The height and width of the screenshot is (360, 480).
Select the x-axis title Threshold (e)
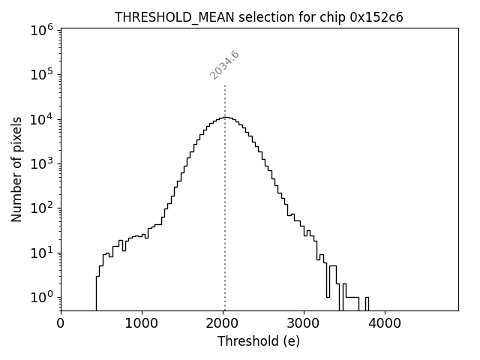click(259, 341)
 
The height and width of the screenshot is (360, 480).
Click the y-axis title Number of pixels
click(17, 169)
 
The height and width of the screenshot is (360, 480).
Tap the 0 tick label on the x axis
click(61, 323)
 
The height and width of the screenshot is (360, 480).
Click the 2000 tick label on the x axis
click(223, 323)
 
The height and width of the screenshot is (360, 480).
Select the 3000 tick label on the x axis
click(304, 323)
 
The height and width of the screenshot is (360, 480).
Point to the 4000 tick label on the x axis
click(385, 323)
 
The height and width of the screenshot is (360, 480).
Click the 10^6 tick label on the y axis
click(41, 29)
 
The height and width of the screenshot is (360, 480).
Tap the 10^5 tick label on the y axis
click(41, 74)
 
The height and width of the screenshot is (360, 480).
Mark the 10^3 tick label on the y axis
click(41, 163)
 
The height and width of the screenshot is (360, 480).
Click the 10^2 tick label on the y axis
click(41, 208)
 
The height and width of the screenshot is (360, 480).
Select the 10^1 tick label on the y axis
click(41, 253)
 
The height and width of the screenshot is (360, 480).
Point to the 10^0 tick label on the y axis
click(41, 297)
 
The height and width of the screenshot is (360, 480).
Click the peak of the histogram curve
click(226, 117)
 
